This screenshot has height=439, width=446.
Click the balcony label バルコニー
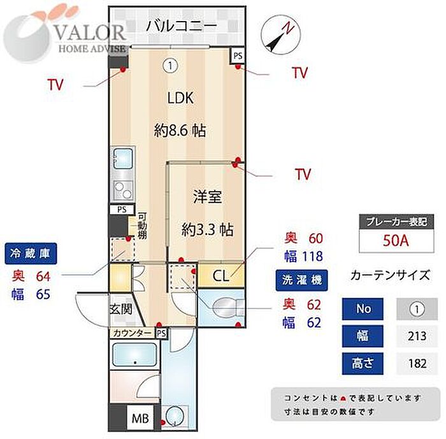[x=182, y=26]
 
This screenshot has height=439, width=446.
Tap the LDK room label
[x=180, y=98]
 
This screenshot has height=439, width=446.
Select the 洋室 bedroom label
[x=207, y=197]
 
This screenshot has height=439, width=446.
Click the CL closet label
[x=220, y=275]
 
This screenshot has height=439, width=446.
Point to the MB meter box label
[x=140, y=418]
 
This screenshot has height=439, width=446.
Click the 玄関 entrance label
[x=121, y=309]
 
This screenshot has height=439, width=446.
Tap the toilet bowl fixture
[x=227, y=308]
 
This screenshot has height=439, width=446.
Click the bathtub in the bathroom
[x=135, y=354]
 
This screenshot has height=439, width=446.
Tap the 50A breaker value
[x=396, y=240]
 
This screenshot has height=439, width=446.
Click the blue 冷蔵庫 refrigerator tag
[x=31, y=253]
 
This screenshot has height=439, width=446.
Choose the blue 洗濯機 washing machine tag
[x=301, y=280]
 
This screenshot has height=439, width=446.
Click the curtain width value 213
[x=417, y=336]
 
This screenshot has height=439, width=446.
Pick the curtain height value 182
[x=417, y=363]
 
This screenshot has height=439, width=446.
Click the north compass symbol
[x=281, y=35]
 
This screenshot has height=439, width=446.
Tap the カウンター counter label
[x=133, y=333]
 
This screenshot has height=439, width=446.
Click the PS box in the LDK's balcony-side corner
[x=238, y=56]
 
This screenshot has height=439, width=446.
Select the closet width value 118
[x=312, y=256]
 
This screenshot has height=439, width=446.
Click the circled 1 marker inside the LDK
[x=170, y=66]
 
